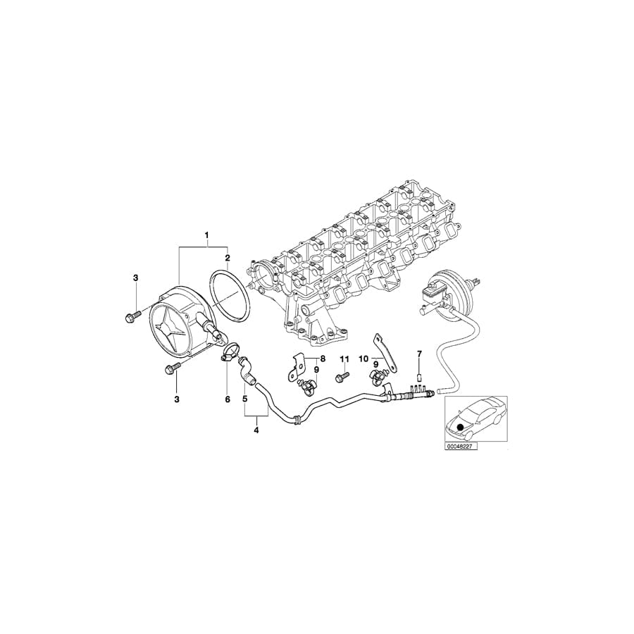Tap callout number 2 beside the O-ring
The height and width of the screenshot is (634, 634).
point(227,258)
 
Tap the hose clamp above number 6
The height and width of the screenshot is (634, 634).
point(230,351)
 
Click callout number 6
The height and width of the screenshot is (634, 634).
point(228,399)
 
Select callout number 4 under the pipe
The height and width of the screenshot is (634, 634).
point(256,429)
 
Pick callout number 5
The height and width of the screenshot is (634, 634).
point(244,399)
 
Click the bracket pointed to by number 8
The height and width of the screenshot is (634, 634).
point(294,368)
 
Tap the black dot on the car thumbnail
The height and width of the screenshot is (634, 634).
point(461,427)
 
